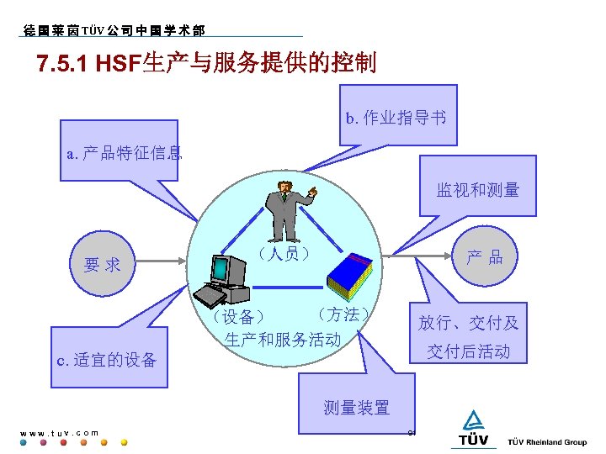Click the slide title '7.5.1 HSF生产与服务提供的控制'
(x=206, y=63)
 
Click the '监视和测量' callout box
(x=477, y=190)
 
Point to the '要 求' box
(x=102, y=265)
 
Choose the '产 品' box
(x=484, y=257)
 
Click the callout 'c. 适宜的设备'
(x=107, y=361)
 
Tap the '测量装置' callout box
(x=357, y=408)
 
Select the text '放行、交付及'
(x=469, y=323)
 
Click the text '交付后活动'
(x=468, y=351)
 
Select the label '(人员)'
(x=284, y=252)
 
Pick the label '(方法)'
(x=340, y=314)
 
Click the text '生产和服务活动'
(x=283, y=340)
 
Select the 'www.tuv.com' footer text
(x=59, y=433)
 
